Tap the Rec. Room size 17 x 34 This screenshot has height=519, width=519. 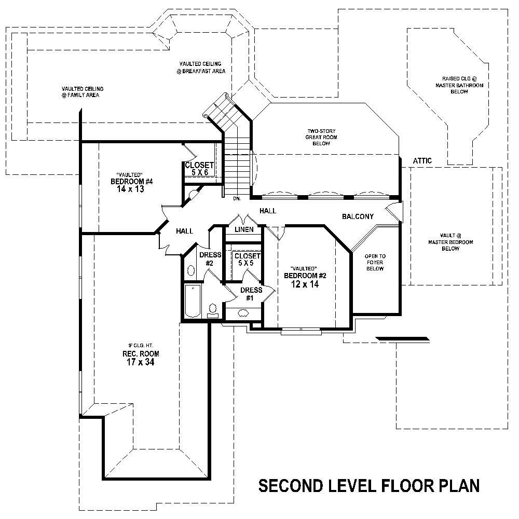tap(138, 362)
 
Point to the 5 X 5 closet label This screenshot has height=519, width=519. tap(247, 263)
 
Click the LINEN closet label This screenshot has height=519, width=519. tap(244, 229)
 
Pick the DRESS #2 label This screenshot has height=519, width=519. tap(210, 259)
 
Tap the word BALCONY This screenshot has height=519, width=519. tap(358, 216)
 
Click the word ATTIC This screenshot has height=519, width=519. tap(422, 161)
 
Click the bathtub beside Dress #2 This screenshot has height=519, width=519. tap(192, 301)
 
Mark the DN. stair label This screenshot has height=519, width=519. tap(237, 198)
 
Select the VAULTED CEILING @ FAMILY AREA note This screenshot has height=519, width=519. tap(83, 92)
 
